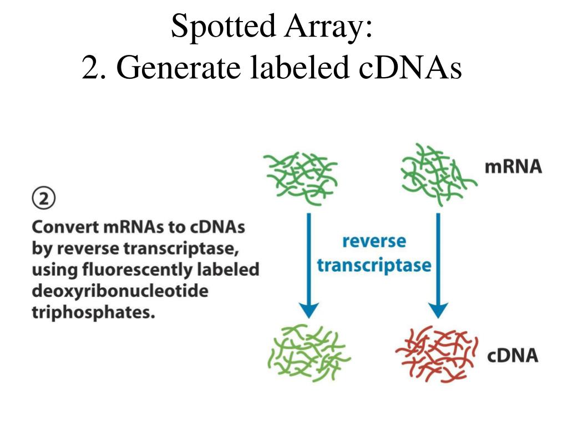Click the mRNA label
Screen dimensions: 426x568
pyautogui.click(x=513, y=167)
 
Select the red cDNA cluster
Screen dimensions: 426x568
pyautogui.click(x=435, y=355)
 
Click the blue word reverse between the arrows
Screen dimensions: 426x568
pyautogui.click(x=374, y=242)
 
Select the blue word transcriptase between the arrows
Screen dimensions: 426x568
pyautogui.click(x=374, y=265)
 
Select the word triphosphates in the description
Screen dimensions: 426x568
pyautogui.click(x=91, y=312)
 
